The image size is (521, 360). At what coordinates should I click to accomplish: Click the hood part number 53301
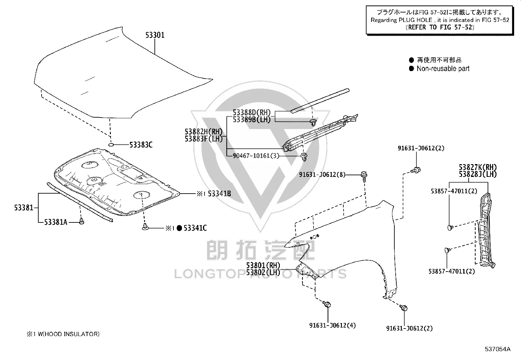click(155, 35)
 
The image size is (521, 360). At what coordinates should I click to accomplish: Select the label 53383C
click(141, 145)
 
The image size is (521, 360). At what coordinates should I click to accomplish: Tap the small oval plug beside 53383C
click(111, 145)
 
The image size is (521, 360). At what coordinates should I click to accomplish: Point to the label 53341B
click(219, 194)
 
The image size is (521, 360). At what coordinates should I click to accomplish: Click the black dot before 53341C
click(179, 228)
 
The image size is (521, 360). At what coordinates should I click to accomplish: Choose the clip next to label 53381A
click(81, 221)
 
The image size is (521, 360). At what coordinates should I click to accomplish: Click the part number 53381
click(24, 208)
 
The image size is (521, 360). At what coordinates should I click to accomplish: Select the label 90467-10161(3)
click(256, 156)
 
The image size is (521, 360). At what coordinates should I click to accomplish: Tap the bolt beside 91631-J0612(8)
click(364, 176)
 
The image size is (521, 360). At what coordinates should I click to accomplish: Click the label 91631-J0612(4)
click(332, 325)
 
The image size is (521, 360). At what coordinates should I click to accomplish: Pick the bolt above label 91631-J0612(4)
click(327, 304)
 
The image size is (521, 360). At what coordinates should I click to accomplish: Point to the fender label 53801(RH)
click(263, 265)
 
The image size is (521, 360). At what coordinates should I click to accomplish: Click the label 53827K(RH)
click(478, 167)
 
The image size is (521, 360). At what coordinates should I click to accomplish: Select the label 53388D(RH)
click(252, 112)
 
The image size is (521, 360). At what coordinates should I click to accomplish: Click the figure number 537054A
click(497, 349)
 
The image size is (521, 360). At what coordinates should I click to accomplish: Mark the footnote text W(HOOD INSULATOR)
click(69, 334)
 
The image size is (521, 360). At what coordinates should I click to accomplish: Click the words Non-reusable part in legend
click(443, 68)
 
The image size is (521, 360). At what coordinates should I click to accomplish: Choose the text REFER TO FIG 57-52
click(440, 27)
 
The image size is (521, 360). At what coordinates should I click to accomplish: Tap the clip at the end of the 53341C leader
click(145, 227)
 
